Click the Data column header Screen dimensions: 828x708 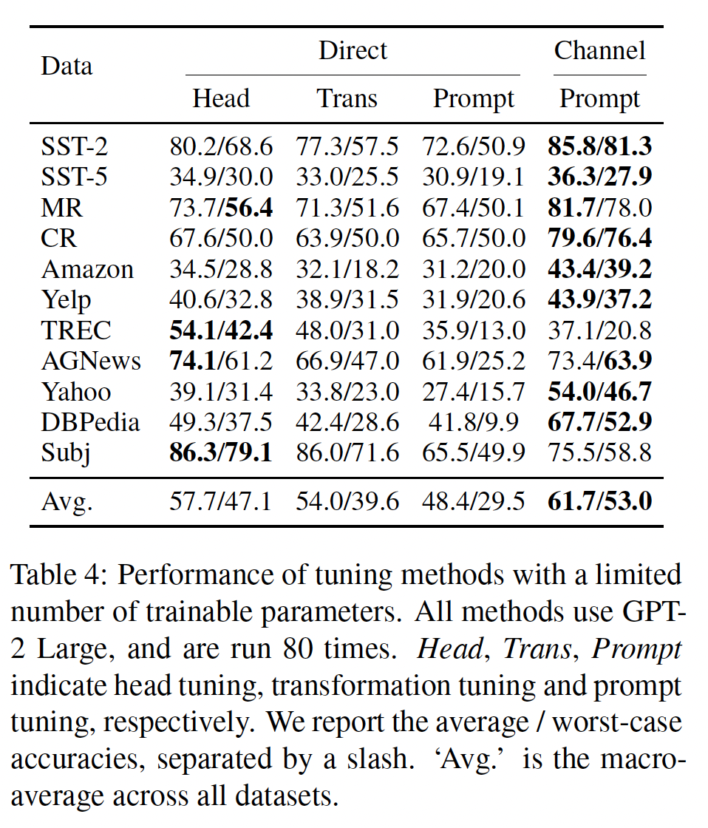pos(67,67)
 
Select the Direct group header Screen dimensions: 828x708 pos(353,50)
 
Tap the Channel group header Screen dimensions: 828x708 pos(599,50)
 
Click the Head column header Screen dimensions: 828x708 pos(221,99)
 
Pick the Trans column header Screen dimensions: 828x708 pos(347,99)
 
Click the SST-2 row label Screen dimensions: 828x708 pos(75,146)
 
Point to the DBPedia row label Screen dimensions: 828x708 pos(90,422)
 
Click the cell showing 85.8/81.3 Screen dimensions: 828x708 pos(599,146)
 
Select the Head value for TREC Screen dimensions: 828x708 pos(221,330)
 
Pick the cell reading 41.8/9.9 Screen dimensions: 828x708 pos(474,422)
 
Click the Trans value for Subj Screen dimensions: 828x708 pos(347,452)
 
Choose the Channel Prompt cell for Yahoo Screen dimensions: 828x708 pos(599,391)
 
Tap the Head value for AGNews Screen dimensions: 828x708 pos(221,361)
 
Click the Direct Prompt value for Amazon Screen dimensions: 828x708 pos(474,269)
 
